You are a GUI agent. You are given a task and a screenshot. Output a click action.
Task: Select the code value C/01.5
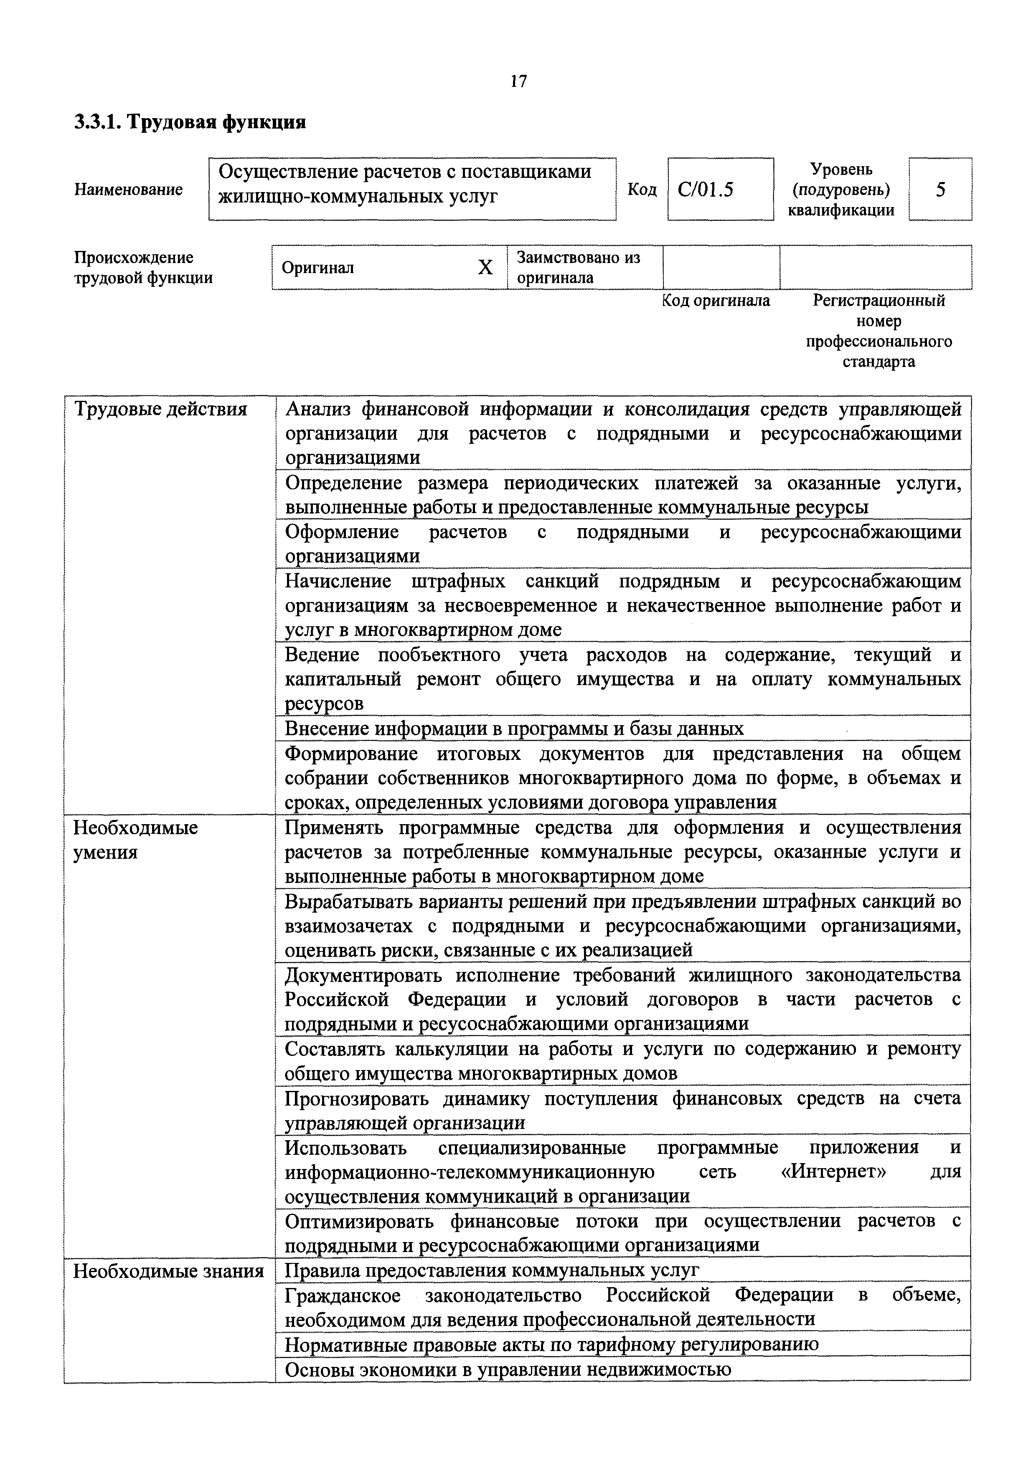coord(706,190)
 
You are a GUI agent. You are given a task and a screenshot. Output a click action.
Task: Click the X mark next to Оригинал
coord(485,267)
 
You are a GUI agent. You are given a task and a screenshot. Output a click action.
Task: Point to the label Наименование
coord(128,190)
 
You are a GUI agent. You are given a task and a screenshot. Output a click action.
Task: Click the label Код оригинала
coord(716,301)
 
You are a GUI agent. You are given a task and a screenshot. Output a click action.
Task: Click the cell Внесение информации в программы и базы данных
coord(514,728)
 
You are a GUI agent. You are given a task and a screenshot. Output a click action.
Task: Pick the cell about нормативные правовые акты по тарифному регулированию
coord(551,1344)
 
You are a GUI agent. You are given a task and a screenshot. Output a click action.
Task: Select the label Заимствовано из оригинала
coord(578,267)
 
